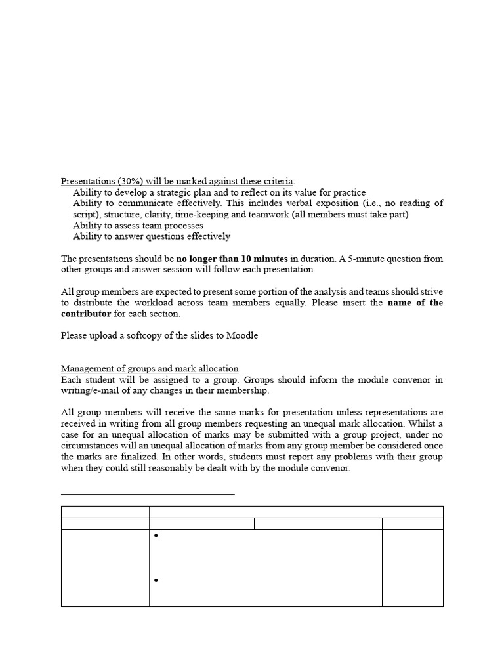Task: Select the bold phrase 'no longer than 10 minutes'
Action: (x=232, y=259)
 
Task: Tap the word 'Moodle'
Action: (x=242, y=335)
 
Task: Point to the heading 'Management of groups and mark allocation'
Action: (x=150, y=369)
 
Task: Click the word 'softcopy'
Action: (x=148, y=335)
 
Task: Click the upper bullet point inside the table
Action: (x=157, y=536)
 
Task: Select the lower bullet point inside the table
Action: (x=157, y=581)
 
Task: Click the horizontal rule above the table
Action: (x=148, y=493)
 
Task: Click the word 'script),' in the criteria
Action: (x=88, y=215)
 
